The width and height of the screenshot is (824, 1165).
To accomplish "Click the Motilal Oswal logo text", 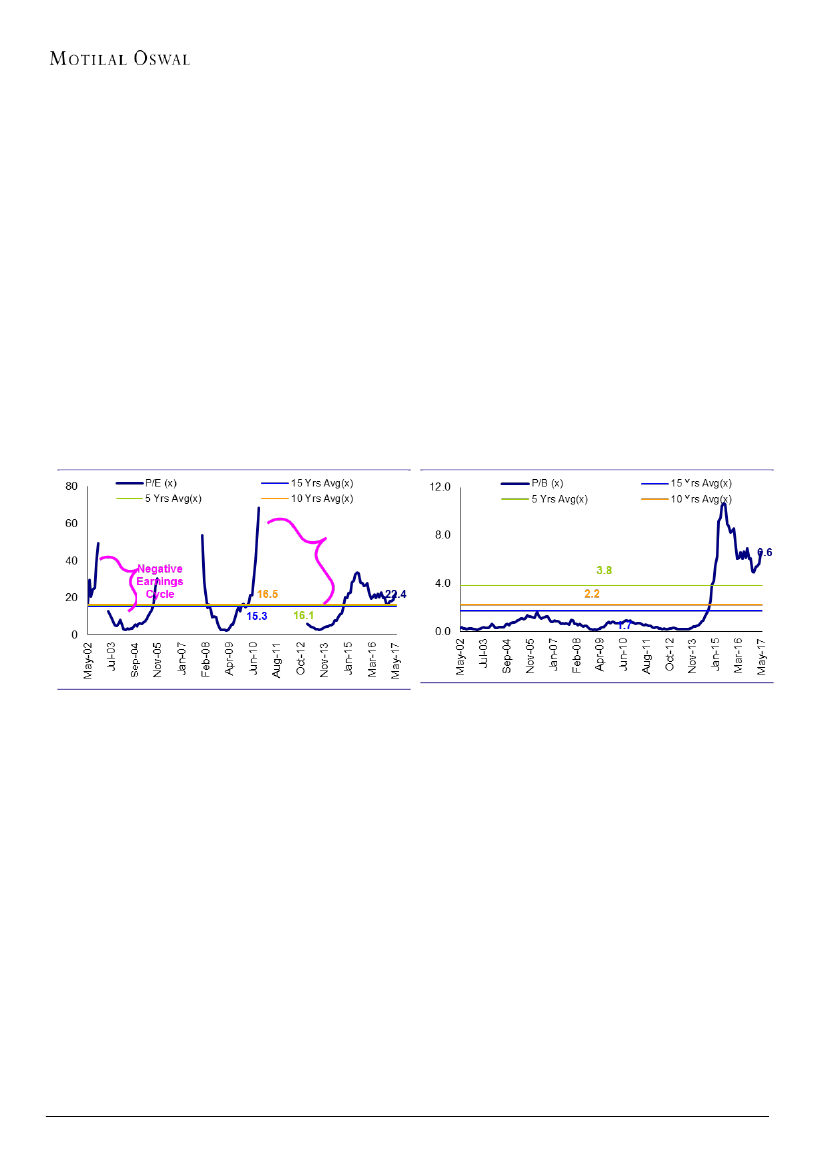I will click(x=120, y=58).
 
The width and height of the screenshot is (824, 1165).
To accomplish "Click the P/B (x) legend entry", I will click(x=547, y=484).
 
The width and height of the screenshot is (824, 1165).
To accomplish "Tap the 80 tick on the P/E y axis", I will click(x=72, y=486).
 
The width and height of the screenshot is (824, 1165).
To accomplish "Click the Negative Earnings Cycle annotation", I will click(x=159, y=582).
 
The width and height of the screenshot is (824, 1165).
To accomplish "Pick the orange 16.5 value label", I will click(x=267, y=594).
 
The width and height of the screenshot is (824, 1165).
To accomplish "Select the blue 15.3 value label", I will click(x=257, y=617).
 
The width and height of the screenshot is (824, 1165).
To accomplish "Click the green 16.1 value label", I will click(x=304, y=617).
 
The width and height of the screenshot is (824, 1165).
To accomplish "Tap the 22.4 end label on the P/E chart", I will click(x=396, y=594).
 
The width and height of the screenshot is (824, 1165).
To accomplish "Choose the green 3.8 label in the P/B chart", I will click(x=604, y=570).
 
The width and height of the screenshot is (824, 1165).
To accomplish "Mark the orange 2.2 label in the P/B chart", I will click(x=592, y=594).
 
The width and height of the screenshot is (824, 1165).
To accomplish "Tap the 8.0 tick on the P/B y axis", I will click(x=443, y=535).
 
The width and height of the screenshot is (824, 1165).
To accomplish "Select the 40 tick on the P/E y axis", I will click(x=72, y=560).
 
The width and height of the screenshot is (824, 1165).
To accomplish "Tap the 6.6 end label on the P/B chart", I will click(x=765, y=552).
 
